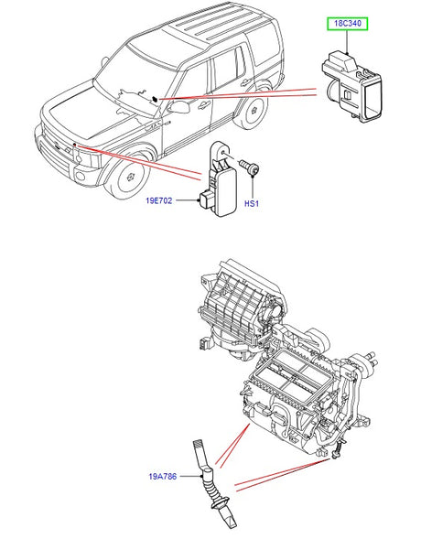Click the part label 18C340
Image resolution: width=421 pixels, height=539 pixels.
[348, 24]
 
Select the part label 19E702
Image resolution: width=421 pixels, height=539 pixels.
[158, 200]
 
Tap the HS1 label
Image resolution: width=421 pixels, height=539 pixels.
[251, 203]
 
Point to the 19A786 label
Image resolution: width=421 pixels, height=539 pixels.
[163, 477]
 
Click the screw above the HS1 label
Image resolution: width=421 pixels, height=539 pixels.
[250, 167]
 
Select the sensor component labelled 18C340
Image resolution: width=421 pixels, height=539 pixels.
[351, 87]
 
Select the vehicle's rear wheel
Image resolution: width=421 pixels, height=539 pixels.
[253, 110]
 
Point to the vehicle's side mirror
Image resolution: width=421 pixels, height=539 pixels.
[179, 107]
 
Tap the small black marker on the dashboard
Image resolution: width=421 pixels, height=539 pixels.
[156, 100]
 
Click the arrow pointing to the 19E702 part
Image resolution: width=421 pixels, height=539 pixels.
[188, 200]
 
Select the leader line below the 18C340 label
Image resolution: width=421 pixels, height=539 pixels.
[348, 43]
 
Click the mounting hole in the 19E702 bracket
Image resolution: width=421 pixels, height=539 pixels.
[223, 152]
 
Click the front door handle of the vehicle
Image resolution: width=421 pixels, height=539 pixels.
[204, 106]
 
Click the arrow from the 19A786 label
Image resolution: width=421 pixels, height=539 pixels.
[191, 477]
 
